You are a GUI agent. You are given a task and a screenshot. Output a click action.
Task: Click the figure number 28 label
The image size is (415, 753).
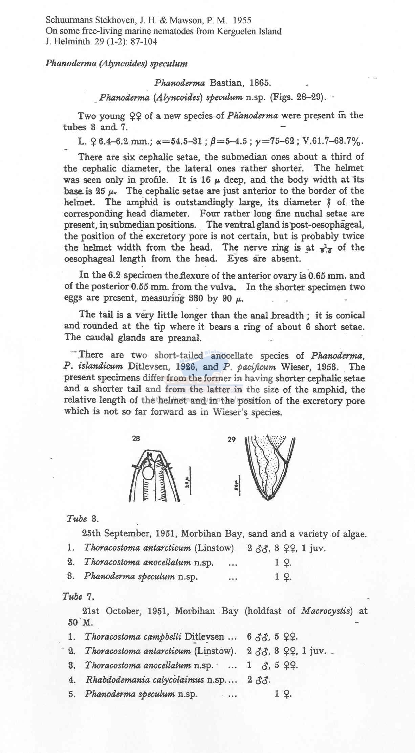pyautogui.click(x=136, y=439)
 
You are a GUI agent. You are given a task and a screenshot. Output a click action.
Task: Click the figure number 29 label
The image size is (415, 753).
pyautogui.click(x=232, y=440)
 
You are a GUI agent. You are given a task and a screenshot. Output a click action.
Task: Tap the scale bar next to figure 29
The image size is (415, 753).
pyautogui.click(x=239, y=485)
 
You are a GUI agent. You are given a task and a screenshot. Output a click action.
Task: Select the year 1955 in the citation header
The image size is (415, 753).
pyautogui.click(x=240, y=21)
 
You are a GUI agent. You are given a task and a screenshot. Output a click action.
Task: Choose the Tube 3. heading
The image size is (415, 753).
pyautogui.click(x=83, y=519)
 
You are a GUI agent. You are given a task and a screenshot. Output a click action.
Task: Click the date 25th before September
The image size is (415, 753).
pyautogui.click(x=91, y=533)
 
